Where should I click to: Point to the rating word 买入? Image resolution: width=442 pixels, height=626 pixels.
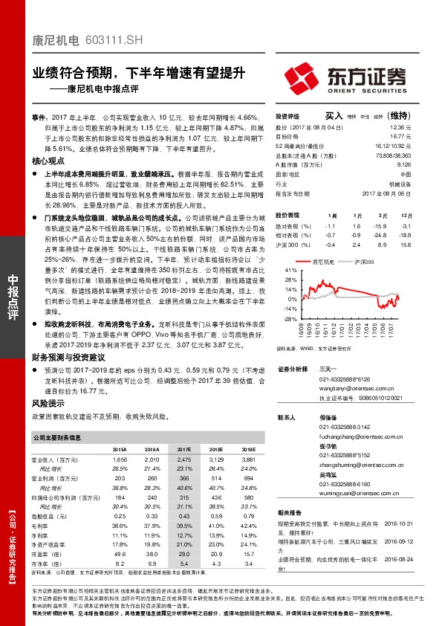point(334,116)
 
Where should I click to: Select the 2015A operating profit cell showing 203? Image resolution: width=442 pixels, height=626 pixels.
point(120,479)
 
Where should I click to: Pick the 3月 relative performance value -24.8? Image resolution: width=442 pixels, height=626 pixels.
point(383,234)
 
